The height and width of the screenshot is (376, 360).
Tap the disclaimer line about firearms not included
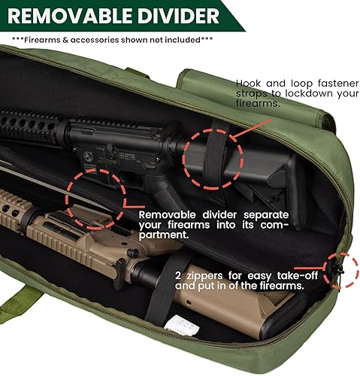click(113, 39)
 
